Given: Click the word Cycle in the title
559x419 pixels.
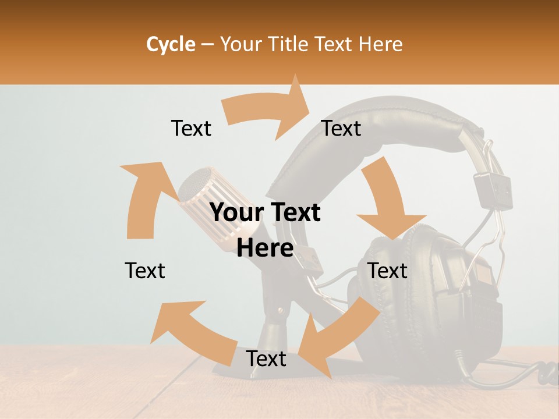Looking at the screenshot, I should coord(171,44).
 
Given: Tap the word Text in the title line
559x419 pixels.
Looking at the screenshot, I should coord(335,44).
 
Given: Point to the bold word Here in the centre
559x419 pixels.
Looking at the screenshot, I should coord(265,248).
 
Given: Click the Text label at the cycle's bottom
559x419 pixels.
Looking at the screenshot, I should coord(266,358).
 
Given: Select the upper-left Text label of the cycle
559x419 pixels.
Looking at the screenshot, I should coord(191,128).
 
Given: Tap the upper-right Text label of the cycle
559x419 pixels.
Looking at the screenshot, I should coord(341,128).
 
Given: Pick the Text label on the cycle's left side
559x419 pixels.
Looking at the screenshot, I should coord(145,271).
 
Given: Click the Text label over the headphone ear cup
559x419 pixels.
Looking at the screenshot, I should coord(387,271).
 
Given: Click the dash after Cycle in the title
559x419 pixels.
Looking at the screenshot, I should coord(207,45).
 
